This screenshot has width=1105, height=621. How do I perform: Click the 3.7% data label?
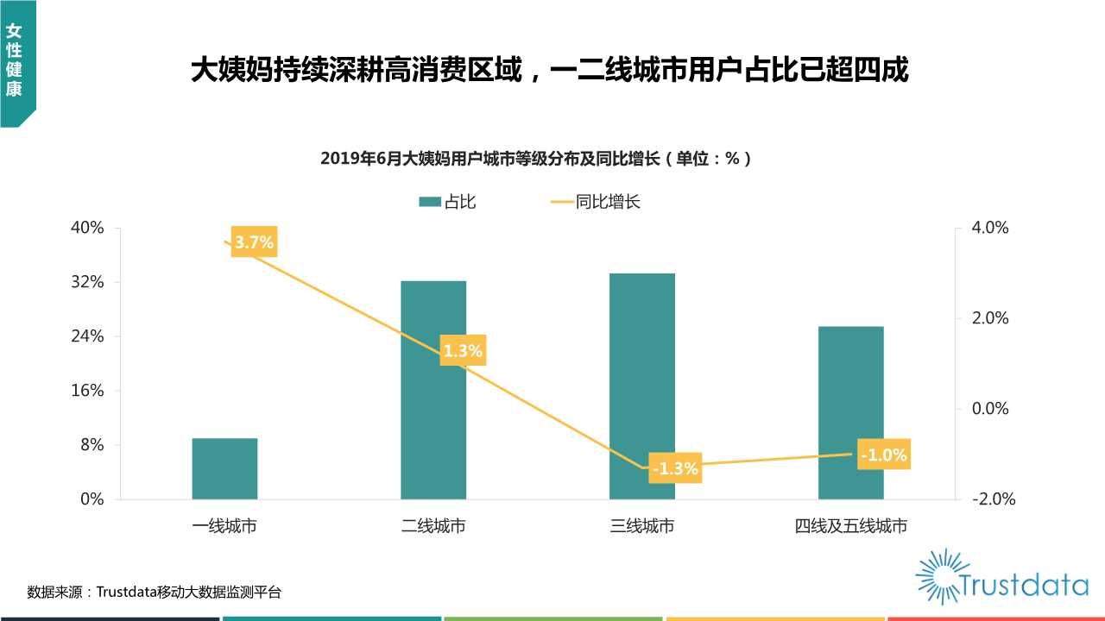point(254,243)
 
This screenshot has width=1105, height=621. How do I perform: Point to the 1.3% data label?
point(463,351)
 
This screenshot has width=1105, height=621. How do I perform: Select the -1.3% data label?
point(674,469)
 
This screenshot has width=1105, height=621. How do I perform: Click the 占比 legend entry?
point(447,202)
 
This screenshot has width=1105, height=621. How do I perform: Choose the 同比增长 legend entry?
point(596,202)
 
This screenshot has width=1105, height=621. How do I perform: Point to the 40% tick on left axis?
point(86,228)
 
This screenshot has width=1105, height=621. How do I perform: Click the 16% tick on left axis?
point(86,391)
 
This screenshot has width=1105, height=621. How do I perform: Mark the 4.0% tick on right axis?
point(989,228)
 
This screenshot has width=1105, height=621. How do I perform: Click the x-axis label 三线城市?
point(642,526)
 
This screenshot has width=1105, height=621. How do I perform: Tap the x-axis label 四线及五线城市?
point(851,526)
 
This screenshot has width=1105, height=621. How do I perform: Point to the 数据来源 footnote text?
point(155,592)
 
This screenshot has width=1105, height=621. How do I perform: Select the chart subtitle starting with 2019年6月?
point(535,159)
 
